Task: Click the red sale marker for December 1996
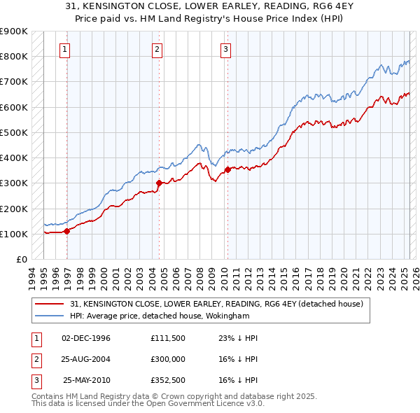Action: pyautogui.click(x=67, y=230)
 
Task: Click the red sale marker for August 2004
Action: pyautogui.click(x=159, y=183)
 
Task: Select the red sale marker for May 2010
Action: pyautogui.click(x=227, y=169)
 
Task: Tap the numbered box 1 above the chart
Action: pyautogui.click(x=64, y=49)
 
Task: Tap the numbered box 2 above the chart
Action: pyautogui.click(x=157, y=49)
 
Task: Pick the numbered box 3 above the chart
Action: pyautogui.click(x=226, y=49)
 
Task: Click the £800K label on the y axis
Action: pyautogui.click(x=14, y=56)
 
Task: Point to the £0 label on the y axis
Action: pyautogui.click(x=21, y=259)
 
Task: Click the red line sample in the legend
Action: pyautogui.click(x=49, y=304)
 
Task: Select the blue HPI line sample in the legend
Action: pyautogui.click(x=49, y=316)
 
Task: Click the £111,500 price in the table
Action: pyautogui.click(x=167, y=338)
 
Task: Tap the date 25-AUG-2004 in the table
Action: pyautogui.click(x=86, y=359)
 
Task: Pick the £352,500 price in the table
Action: pyautogui.click(x=167, y=380)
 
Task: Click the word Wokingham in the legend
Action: pyautogui.click(x=227, y=316)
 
